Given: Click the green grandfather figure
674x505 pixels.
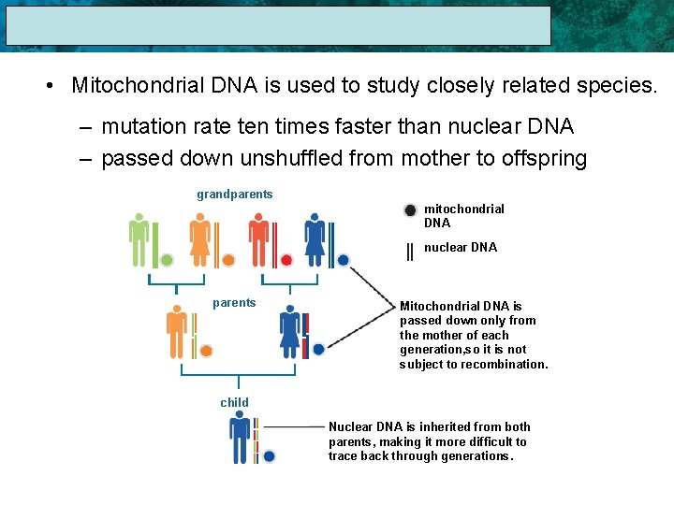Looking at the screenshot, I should pos(139,239).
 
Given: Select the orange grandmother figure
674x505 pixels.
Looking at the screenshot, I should pos(198,239).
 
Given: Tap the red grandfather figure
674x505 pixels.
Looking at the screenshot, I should pos(258,239).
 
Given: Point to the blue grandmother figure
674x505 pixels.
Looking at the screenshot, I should pos(315,239).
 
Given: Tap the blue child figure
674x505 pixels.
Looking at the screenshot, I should pos(240,438).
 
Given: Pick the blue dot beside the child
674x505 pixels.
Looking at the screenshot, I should pos(270,456).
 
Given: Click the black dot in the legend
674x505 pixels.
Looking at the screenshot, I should pos(410,210).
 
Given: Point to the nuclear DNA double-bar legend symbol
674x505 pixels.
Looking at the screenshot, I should pos(410,251).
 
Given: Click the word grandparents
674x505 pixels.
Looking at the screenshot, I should pos(235,195).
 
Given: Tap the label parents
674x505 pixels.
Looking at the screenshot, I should pos(234,303).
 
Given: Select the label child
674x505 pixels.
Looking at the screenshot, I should pos(235,403).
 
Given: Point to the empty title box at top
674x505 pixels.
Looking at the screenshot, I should pos(279,26).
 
